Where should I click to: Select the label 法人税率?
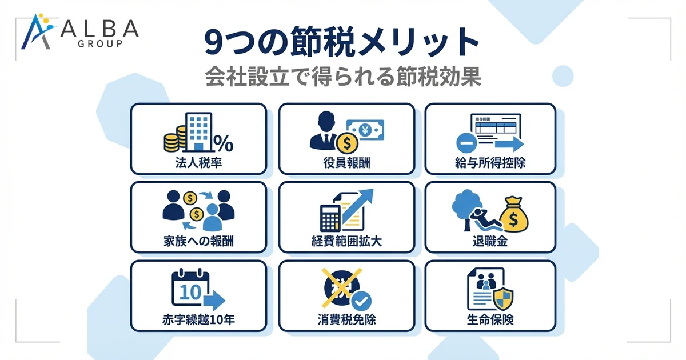tap(198, 163)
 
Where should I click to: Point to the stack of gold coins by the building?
tap(171, 139)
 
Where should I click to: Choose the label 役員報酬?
tap(346, 163)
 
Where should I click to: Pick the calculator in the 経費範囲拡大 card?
tap(330, 219)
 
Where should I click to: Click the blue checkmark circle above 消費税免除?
tap(361, 300)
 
